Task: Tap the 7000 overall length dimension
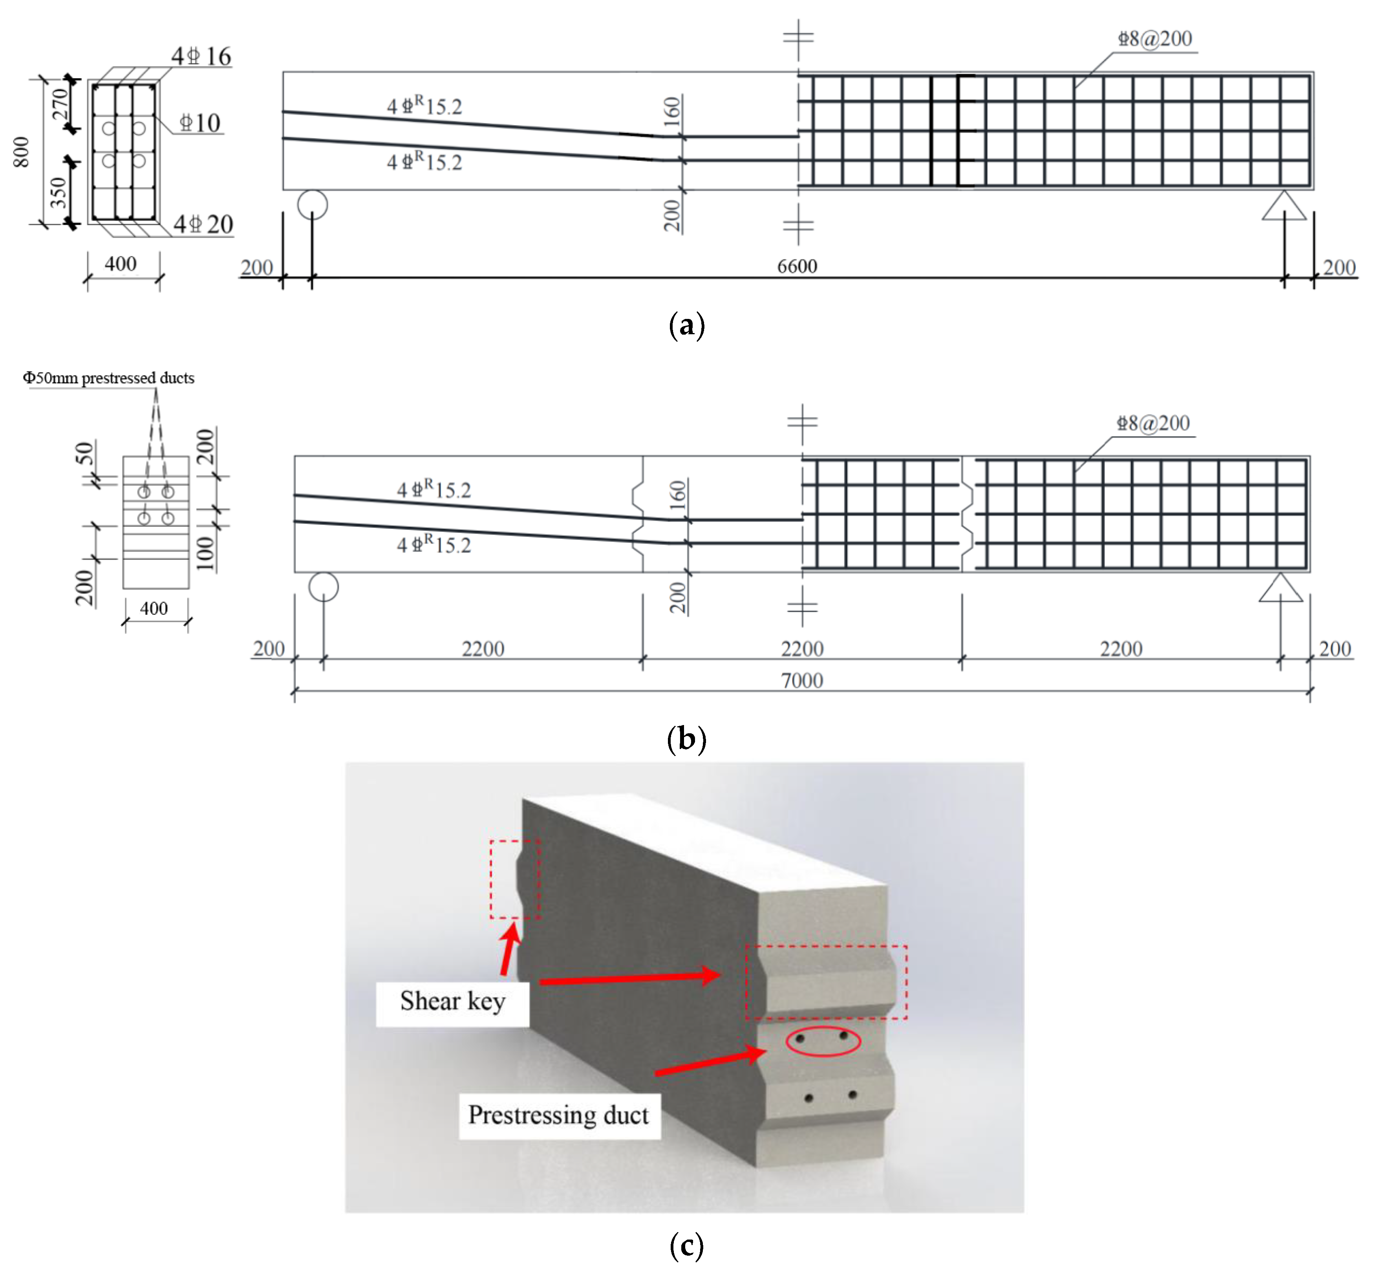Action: pyautogui.click(x=801, y=680)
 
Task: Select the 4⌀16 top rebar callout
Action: pyautogui.click(x=201, y=56)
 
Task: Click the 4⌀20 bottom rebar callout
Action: pyautogui.click(x=203, y=224)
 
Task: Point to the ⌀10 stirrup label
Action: pyautogui.click(x=199, y=123)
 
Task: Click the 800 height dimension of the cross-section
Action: pyautogui.click(x=22, y=152)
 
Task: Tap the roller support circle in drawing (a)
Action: pyautogui.click(x=312, y=205)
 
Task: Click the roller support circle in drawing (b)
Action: pyautogui.click(x=324, y=587)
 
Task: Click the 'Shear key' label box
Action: pyautogui.click(x=452, y=1002)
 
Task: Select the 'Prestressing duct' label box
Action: pyautogui.click(x=558, y=1115)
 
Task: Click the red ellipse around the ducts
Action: pyautogui.click(x=823, y=1041)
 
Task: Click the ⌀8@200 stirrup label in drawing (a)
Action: pyautogui.click(x=1154, y=39)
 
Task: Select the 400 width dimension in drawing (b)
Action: pyautogui.click(x=154, y=608)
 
